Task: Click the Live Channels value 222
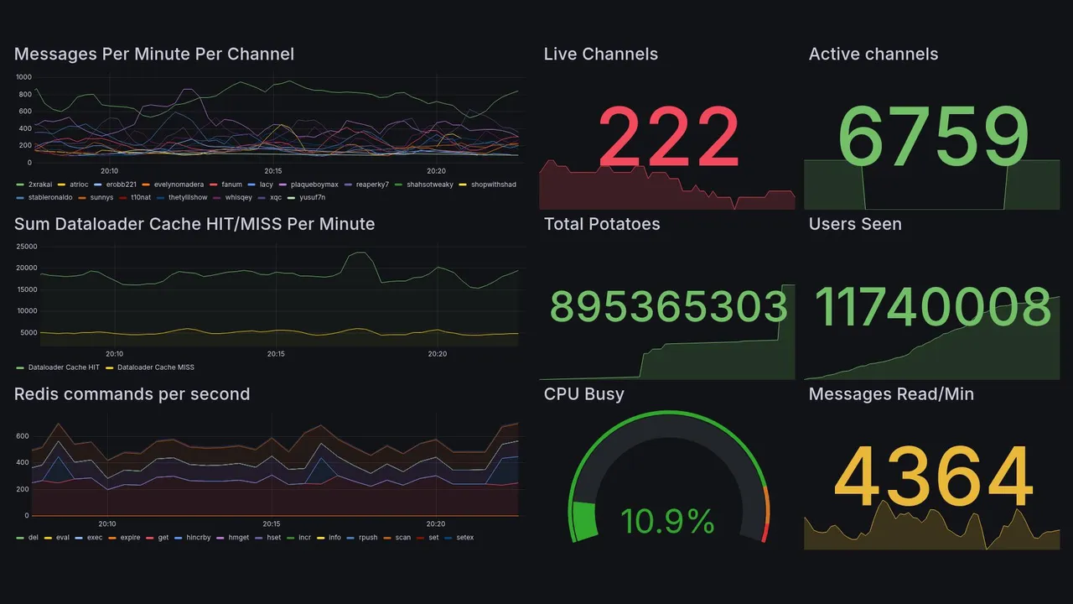tap(668, 138)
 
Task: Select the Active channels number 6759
tap(933, 138)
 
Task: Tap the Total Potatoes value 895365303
tap(668, 307)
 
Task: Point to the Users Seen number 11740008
tap(933, 307)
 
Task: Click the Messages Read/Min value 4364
tap(933, 478)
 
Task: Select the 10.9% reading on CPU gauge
tap(667, 522)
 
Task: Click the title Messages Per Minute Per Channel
tap(154, 55)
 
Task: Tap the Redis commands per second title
tap(132, 394)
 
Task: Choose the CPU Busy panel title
tap(583, 394)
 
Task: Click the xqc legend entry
tap(275, 198)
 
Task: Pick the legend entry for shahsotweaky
tap(429, 185)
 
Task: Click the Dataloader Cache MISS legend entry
tap(155, 367)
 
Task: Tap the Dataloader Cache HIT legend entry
tap(63, 367)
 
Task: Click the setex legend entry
tap(464, 538)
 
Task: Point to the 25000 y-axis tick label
tap(27, 247)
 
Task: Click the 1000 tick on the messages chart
tap(23, 77)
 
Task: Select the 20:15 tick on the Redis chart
tap(272, 523)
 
